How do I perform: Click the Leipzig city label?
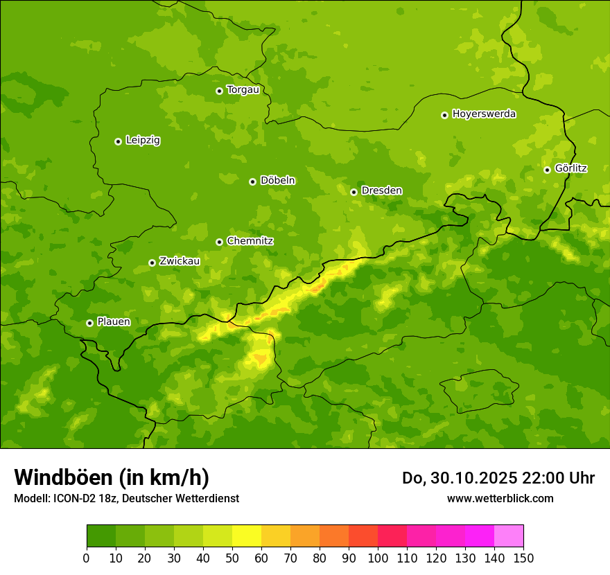[x=143, y=141]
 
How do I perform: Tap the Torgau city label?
[x=243, y=90]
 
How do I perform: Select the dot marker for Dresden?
[x=354, y=192]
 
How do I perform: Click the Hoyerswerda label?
[x=484, y=114]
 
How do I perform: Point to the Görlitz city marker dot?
[x=547, y=170]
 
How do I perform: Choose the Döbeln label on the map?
[x=277, y=181]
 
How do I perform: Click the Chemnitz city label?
[x=250, y=241]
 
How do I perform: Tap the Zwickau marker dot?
[x=152, y=263]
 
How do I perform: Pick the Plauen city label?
[x=114, y=322]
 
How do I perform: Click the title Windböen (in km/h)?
[x=112, y=477]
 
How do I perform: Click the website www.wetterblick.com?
[x=500, y=498]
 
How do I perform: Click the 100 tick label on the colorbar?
[x=378, y=558]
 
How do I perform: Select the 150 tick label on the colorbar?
[x=523, y=558]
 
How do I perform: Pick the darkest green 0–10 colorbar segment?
[x=101, y=536]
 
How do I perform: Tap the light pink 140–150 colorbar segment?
[x=509, y=536]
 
